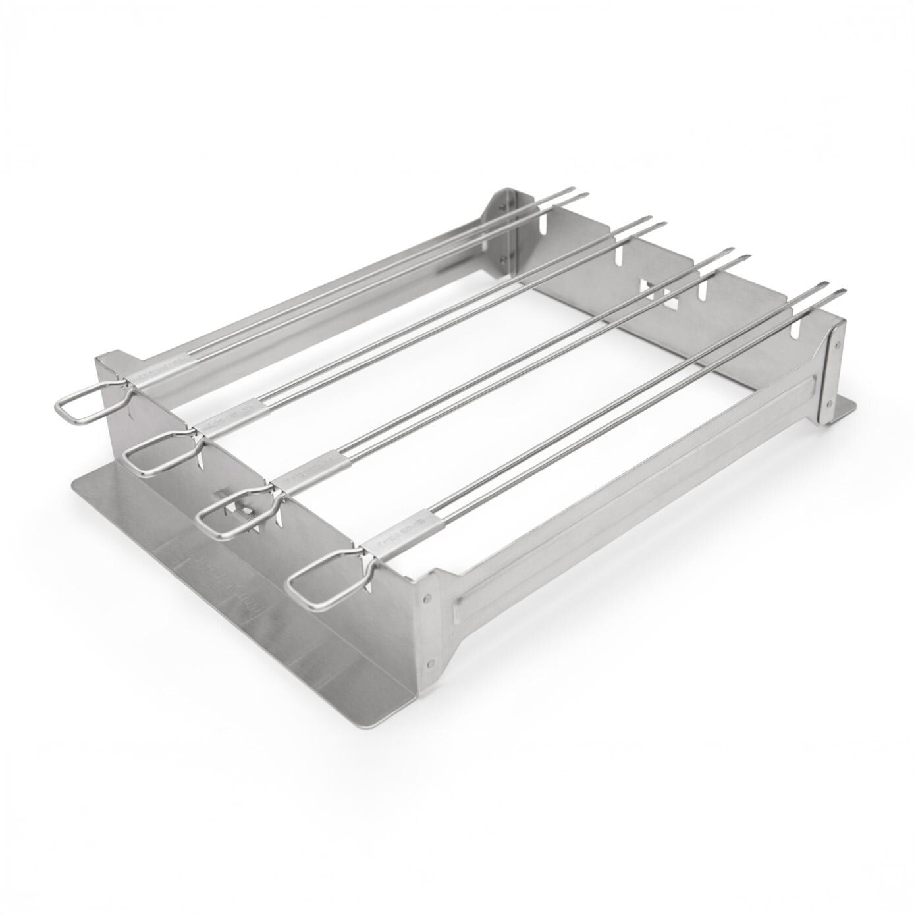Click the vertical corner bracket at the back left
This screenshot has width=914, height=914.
pyautogui.click(x=501, y=227)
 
